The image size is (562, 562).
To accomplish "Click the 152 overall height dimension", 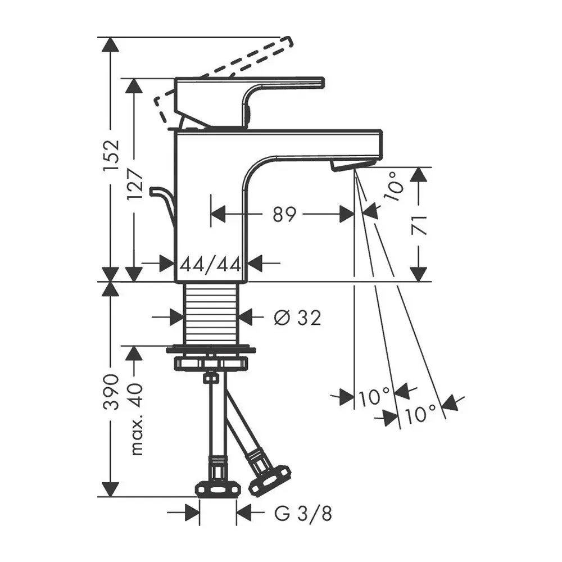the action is pos(111,155).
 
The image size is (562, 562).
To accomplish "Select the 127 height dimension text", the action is pos(135,185).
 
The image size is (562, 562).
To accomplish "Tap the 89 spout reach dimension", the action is pos(284,214).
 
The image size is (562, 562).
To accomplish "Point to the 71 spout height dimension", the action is pos(419,225).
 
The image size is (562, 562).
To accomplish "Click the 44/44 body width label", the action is pos(210,265).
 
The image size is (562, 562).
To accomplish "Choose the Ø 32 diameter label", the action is pos(297,318).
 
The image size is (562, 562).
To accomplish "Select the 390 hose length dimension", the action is pos(111,392).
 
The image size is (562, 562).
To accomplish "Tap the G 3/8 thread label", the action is pos(303,513).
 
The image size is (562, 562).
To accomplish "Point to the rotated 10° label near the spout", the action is pos(393,187).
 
